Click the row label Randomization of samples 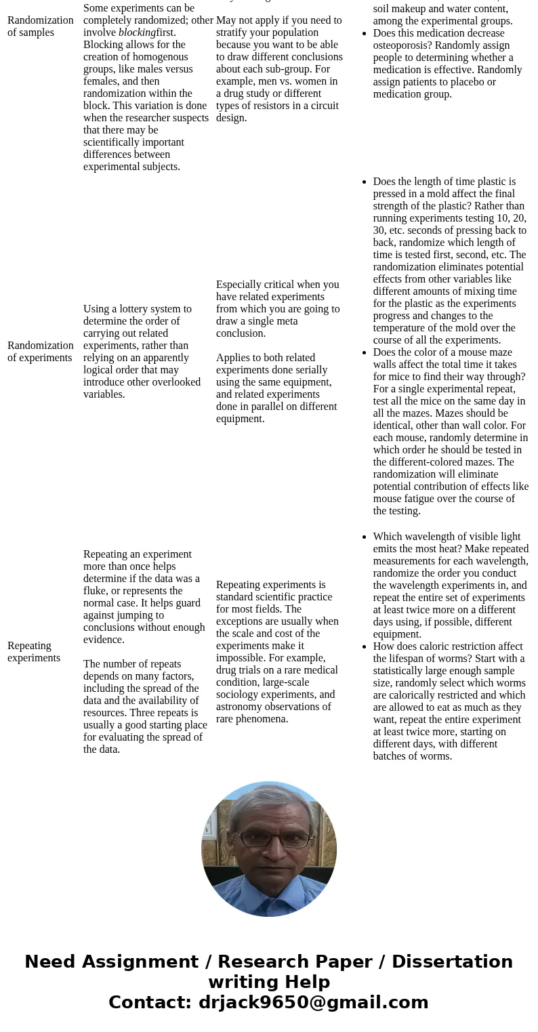coord(40,26)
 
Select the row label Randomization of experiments coord(40,352)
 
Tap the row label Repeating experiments coord(34,652)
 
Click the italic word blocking coord(137,33)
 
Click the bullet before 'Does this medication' coord(366,33)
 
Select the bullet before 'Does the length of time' coord(366,182)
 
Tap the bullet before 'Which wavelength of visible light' coord(366,537)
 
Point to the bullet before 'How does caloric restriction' coord(366,646)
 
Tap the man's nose coord(269,850)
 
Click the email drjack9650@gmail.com coord(313,1003)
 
